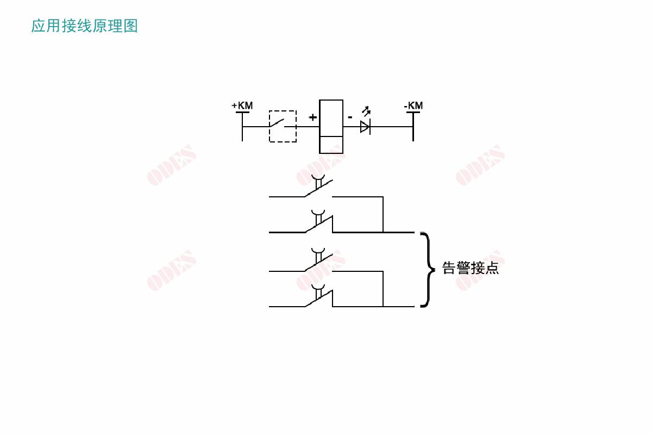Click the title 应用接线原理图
point(84,26)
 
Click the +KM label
point(242,105)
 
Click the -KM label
point(413,105)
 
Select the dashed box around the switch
point(283,127)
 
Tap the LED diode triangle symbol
point(365,127)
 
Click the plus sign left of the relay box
point(312,117)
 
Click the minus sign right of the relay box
point(350,117)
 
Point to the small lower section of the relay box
point(331,145)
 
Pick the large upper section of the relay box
point(331,118)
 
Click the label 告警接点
point(471,268)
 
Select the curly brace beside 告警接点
point(428,270)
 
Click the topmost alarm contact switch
point(318,186)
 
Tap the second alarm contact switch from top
point(318,221)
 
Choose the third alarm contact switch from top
point(318,260)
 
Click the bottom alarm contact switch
point(318,296)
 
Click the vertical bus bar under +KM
point(242,127)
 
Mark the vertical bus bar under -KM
point(413,127)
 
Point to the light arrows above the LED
point(366,111)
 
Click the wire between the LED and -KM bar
point(392,127)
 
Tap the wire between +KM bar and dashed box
point(256,127)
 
